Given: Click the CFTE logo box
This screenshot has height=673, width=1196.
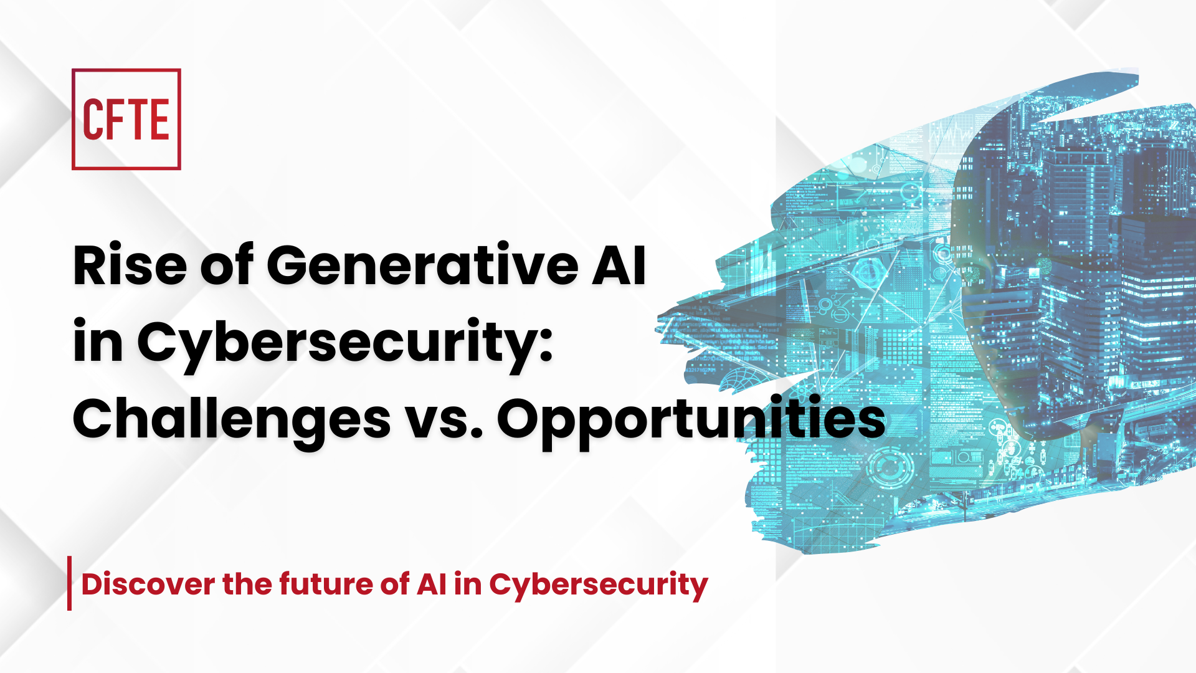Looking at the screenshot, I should [x=126, y=119].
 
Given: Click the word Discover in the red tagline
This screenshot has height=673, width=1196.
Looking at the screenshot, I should [x=148, y=585].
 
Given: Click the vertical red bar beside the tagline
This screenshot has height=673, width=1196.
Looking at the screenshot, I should [x=70, y=583].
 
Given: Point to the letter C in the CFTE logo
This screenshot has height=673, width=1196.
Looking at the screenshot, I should [x=93, y=120].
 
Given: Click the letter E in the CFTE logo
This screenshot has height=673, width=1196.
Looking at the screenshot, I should [x=159, y=120].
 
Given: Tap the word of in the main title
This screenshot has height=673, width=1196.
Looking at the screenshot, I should [x=227, y=265].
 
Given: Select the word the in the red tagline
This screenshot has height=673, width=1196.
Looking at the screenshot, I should [x=247, y=585].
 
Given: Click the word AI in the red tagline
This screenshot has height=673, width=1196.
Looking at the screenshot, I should [x=431, y=585].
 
